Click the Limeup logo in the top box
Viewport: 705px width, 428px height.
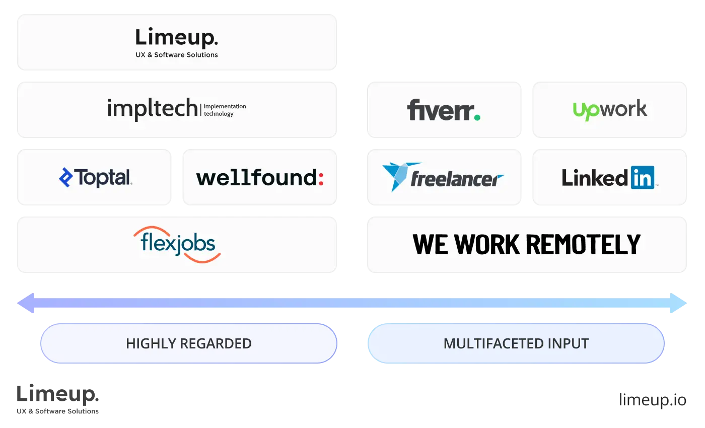(x=177, y=38)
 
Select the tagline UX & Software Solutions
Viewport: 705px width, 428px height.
(x=177, y=55)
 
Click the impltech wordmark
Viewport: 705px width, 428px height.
(x=153, y=109)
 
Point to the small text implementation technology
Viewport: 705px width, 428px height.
(x=225, y=110)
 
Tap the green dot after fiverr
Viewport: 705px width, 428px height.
(x=476, y=117)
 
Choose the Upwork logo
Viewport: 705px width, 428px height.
(x=610, y=110)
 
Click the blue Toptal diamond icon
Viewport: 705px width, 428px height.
(x=65, y=177)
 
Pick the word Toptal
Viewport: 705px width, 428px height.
(x=103, y=177)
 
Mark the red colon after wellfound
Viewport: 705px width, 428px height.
(x=321, y=178)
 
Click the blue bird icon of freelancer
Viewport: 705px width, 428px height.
(x=396, y=175)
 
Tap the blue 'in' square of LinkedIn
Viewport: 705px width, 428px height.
(x=642, y=177)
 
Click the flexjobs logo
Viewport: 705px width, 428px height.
(x=177, y=244)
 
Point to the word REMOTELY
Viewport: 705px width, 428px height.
(x=583, y=244)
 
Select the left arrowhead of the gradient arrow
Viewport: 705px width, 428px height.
(x=26, y=303)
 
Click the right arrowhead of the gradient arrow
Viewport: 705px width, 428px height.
(x=679, y=303)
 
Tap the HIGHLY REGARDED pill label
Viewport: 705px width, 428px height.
(x=189, y=343)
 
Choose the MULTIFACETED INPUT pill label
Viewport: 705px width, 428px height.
(x=516, y=343)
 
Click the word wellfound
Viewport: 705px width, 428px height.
(x=256, y=178)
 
